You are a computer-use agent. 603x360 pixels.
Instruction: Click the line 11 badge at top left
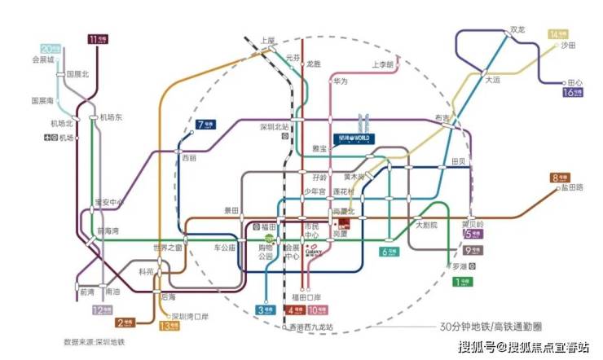click(x=97, y=37)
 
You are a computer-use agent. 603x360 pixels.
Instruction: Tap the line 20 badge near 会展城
click(x=51, y=48)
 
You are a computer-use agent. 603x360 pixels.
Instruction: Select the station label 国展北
click(x=77, y=74)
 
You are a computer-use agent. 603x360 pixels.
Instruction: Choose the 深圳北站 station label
click(x=275, y=127)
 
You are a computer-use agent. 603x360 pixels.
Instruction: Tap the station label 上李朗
click(x=383, y=64)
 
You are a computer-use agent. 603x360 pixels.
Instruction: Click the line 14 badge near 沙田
click(x=558, y=34)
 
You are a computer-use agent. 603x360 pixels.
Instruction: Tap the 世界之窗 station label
click(x=168, y=248)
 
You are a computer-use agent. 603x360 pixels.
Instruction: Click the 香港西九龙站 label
click(x=311, y=327)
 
